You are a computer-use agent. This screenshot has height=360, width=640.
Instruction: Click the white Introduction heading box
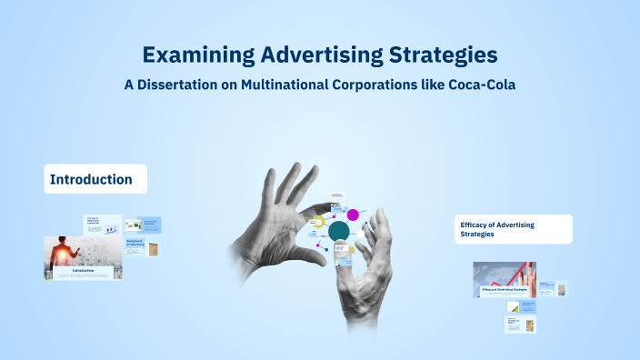point(95,179)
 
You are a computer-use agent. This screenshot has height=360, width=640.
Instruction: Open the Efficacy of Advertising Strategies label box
point(514,229)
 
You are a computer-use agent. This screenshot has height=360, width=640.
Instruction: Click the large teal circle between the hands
point(338,231)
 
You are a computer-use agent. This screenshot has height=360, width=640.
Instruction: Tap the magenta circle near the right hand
point(353,215)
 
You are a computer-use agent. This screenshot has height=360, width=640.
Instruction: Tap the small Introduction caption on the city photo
point(83,270)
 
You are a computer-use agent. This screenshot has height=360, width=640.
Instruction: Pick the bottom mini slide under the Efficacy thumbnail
point(521,325)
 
